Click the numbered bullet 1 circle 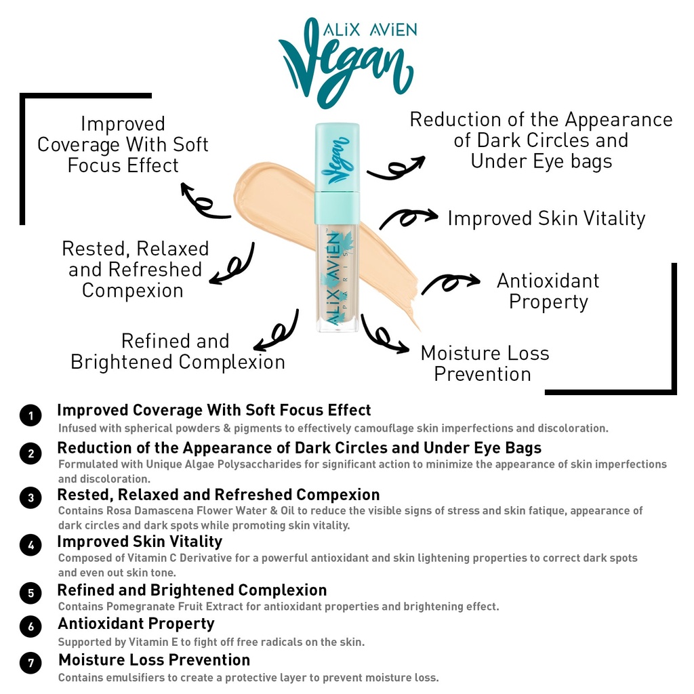point(30,415)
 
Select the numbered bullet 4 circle point(30,545)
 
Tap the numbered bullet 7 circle point(30,663)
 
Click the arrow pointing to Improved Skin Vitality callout point(408,218)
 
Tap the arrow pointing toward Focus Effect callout point(204,201)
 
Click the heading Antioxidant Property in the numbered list point(136,624)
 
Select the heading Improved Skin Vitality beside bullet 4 point(140,542)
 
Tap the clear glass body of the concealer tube point(338,278)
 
